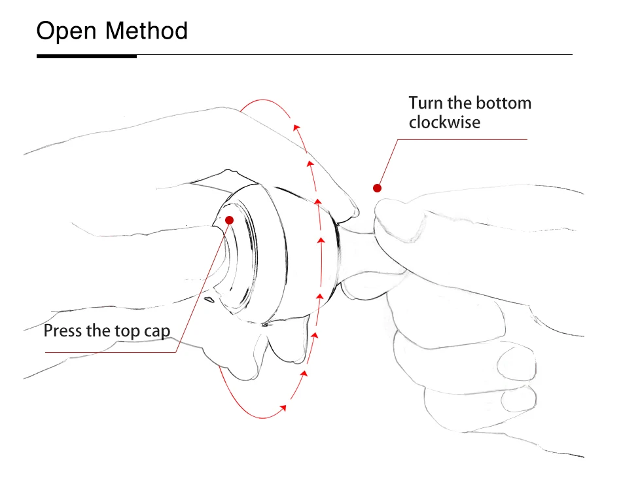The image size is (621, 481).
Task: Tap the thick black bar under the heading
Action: pos(86,56)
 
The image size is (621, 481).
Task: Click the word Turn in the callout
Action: pos(426,103)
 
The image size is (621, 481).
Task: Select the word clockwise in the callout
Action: pos(444,122)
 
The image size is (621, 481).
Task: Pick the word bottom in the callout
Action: pos(503,103)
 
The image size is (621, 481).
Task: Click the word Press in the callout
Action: pos(62,330)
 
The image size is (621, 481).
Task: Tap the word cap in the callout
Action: pos(156,332)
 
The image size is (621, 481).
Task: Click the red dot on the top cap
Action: pos(229,220)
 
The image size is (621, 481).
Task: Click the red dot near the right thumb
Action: pos(377,188)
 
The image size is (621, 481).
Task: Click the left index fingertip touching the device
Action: pos(351,211)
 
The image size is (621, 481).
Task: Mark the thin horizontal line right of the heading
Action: pos(353,54)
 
